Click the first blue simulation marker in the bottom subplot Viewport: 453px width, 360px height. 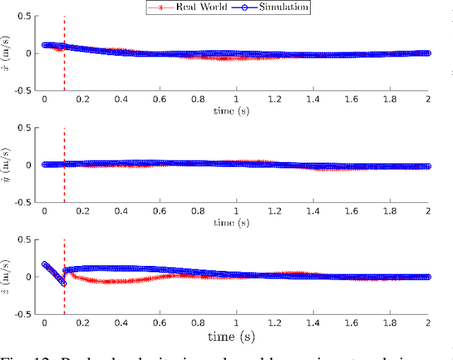tap(45, 265)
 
